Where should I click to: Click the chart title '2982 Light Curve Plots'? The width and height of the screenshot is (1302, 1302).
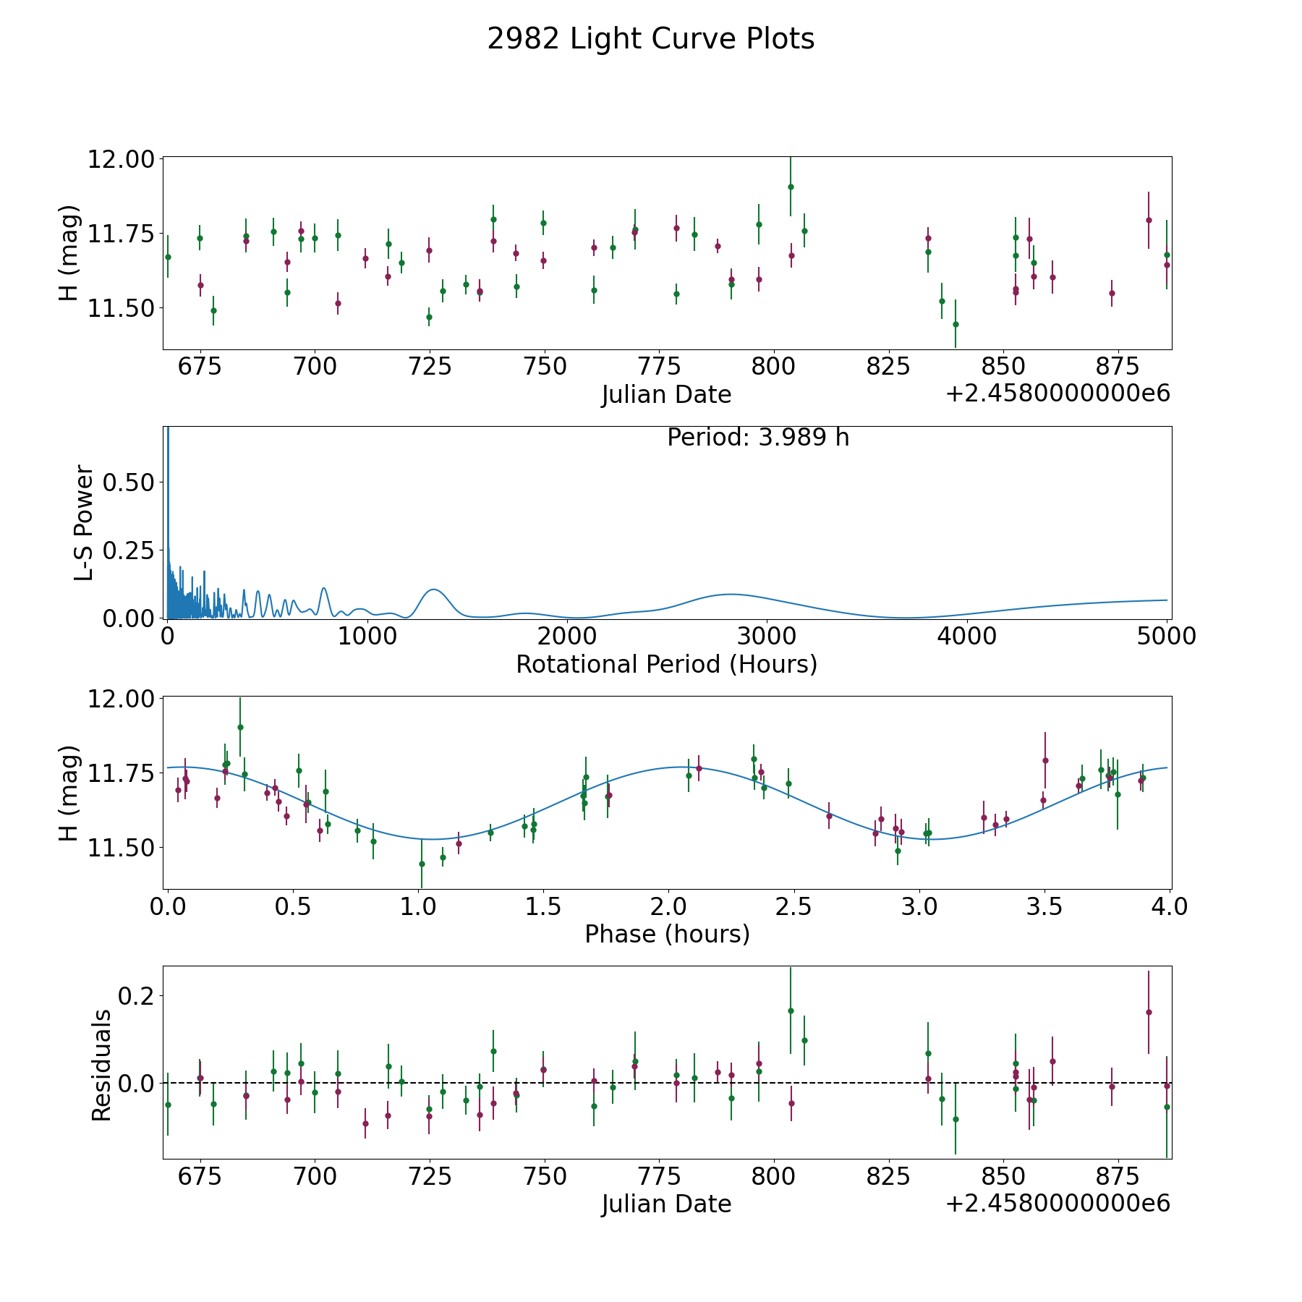coord(650,39)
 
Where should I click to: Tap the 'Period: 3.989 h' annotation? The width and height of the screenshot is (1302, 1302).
coord(757,438)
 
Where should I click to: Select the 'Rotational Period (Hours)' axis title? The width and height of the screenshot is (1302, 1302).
coord(666,664)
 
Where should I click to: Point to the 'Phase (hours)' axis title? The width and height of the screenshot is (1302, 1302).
coord(666,934)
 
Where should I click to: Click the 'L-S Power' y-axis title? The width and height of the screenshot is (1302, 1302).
coord(84,522)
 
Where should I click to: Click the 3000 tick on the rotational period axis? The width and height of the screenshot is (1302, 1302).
coord(765,637)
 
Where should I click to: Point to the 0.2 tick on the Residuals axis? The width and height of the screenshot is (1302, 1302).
coord(137,996)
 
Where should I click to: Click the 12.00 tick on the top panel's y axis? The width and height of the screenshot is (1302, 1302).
coord(120,159)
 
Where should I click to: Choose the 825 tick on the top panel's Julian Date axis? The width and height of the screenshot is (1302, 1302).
coord(888,367)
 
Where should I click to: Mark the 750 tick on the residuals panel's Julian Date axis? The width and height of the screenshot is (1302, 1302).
coord(544,1176)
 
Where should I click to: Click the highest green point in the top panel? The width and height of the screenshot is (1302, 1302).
coord(791,187)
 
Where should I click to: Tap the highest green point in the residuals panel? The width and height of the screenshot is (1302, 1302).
coord(791,1010)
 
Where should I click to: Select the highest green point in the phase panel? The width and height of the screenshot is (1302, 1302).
coord(240,727)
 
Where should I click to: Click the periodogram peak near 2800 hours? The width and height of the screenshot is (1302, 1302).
coord(731,594)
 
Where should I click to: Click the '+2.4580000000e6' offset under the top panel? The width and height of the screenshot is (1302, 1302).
coord(1058,394)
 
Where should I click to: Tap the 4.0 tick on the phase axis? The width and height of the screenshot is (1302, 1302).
coord(1170,906)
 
